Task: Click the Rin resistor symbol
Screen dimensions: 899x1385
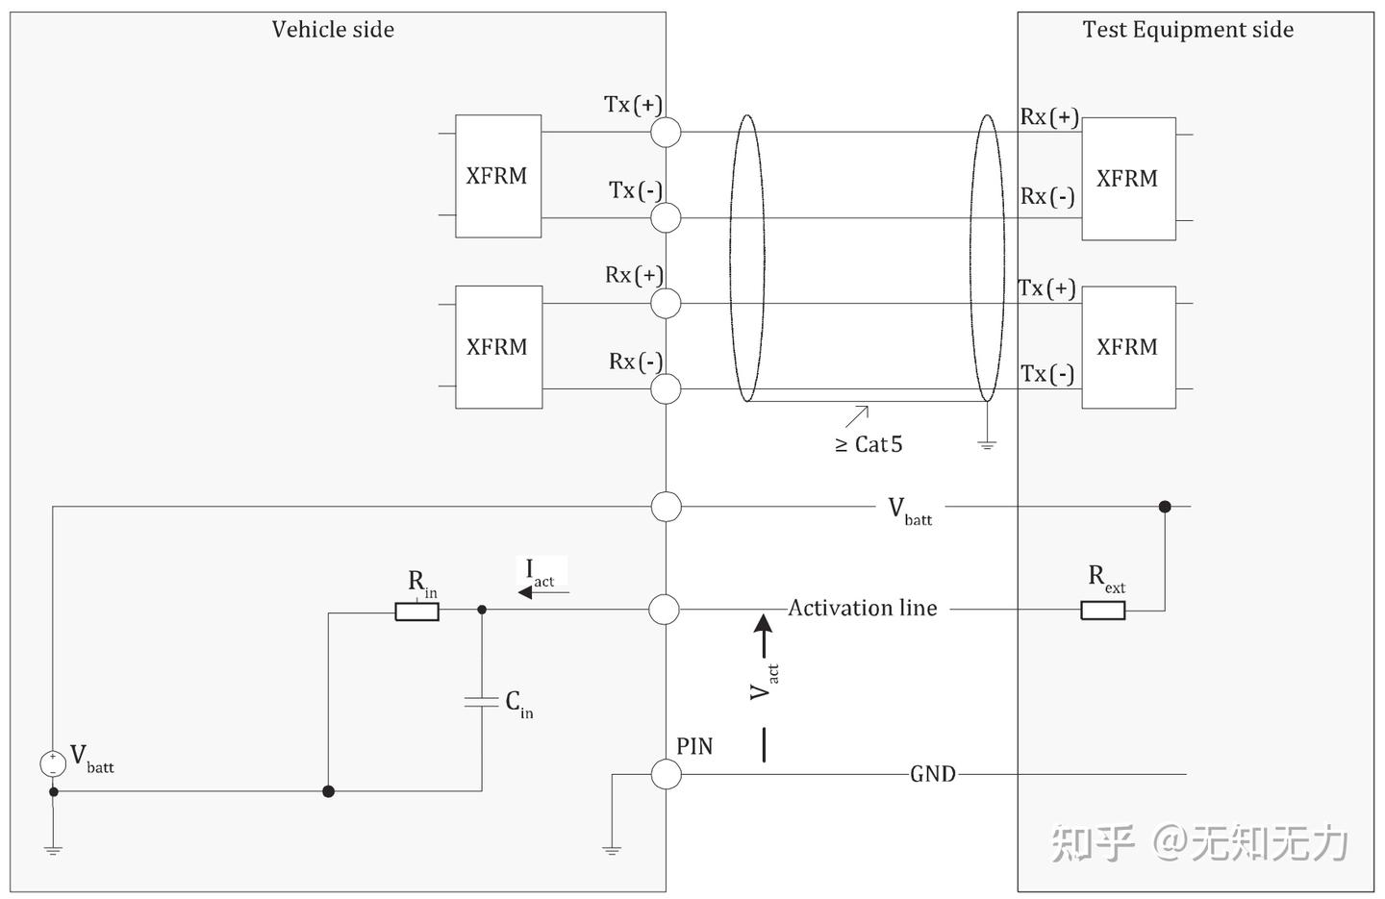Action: (416, 611)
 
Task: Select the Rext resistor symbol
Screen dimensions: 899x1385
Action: (1102, 610)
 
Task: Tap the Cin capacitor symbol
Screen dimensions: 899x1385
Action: (482, 701)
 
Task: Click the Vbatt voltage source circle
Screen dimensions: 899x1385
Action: (53, 763)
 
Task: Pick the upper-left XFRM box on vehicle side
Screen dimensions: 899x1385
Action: (497, 176)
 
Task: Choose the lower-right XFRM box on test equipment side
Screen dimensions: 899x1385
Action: (1128, 347)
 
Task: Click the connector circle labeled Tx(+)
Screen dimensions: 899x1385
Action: (666, 132)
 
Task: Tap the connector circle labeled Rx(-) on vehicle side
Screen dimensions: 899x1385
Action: (666, 389)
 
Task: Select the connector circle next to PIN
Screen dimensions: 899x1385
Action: (666, 774)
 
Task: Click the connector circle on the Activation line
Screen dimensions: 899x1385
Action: (666, 610)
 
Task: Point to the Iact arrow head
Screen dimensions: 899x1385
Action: (525, 592)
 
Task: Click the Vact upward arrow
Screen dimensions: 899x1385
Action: (764, 635)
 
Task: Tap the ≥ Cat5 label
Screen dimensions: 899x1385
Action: (869, 444)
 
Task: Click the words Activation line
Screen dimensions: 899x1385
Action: (863, 608)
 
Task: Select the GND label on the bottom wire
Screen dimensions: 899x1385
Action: (932, 774)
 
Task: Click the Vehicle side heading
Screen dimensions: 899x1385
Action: (333, 30)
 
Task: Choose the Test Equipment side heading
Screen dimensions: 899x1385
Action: (1188, 30)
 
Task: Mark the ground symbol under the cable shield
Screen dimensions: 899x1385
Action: (987, 443)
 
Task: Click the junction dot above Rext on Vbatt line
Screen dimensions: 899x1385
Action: (1165, 507)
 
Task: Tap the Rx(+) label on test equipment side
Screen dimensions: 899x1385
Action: (1048, 117)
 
